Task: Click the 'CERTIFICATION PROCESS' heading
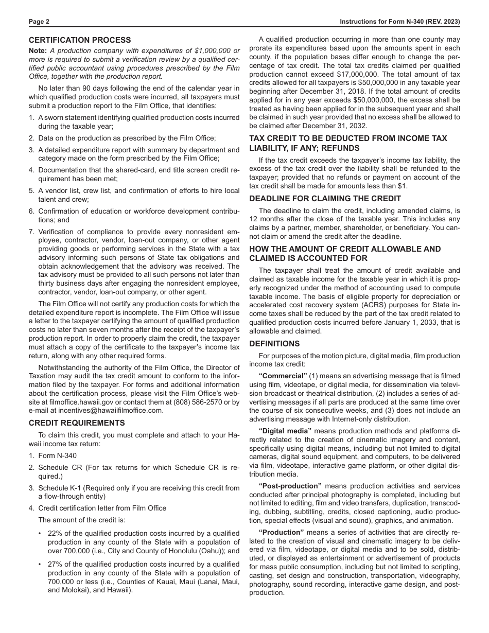80,40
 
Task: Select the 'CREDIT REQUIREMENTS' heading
77,423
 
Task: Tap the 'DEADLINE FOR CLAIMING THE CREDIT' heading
325,199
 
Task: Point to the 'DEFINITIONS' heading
274,344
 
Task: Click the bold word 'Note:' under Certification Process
38,50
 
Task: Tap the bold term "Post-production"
290,486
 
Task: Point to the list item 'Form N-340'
58,455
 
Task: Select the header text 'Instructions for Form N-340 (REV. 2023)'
399,22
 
